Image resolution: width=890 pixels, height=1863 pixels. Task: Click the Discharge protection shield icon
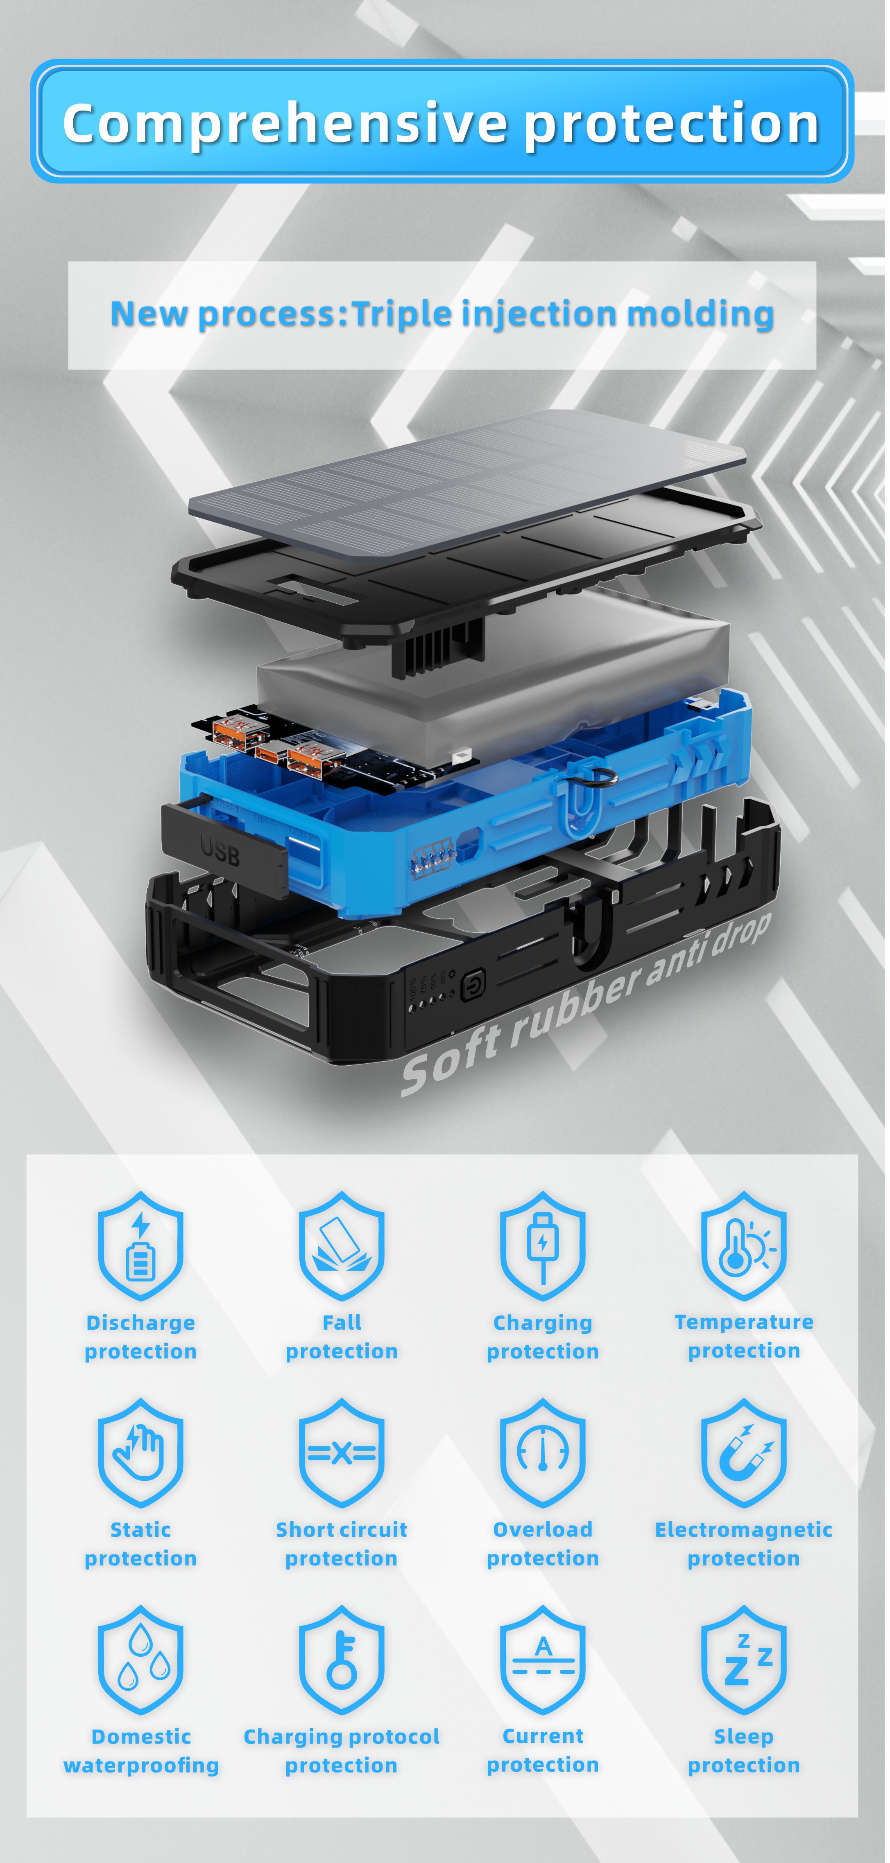pos(140,1245)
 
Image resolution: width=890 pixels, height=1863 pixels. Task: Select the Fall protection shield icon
pos(342,1245)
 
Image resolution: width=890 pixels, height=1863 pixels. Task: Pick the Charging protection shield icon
pos(543,1245)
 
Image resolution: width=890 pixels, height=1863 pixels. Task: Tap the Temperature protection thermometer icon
pos(744,1245)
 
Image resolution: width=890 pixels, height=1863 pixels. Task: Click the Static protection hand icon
pos(140,1452)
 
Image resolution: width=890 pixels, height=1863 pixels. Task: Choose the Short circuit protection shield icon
pos(342,1452)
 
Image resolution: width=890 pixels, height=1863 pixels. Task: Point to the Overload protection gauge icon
pos(543,1452)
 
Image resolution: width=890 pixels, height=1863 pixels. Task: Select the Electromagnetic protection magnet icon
pos(744,1452)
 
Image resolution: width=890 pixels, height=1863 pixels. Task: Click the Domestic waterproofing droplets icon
pos(140,1659)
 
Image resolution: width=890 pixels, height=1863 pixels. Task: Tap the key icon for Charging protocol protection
pos(342,1659)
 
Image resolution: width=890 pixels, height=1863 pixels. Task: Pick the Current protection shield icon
pos(543,1659)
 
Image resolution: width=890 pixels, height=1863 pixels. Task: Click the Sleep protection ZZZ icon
pos(744,1659)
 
